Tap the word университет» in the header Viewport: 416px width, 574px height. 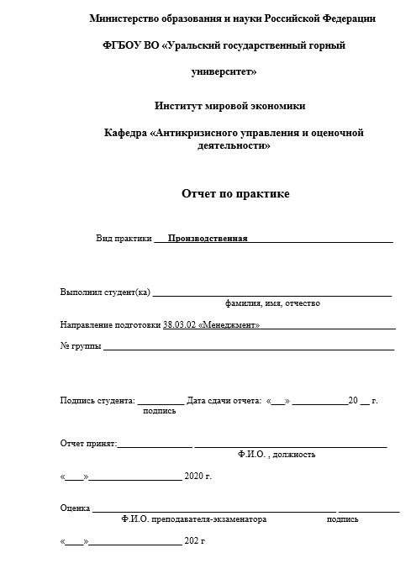point(224,72)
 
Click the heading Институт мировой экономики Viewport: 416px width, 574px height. point(230,106)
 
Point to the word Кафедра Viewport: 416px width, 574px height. point(125,133)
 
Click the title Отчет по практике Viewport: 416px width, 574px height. point(235,193)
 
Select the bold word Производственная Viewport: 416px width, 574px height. point(208,238)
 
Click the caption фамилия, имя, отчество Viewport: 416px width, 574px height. point(272,303)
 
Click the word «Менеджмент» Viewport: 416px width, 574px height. point(229,324)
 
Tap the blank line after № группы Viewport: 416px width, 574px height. point(248,345)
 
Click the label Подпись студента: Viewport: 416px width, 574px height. point(97,400)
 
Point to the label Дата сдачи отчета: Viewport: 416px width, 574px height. point(224,400)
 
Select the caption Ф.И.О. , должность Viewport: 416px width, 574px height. point(276,455)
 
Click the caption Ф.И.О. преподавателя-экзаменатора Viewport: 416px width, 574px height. point(193,519)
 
